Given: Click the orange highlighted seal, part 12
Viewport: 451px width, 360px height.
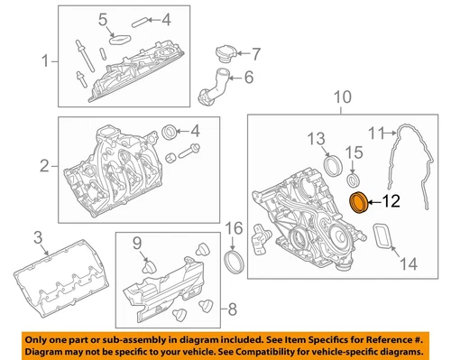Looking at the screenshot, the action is (x=358, y=203).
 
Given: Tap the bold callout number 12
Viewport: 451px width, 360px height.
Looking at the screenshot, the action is (x=391, y=201).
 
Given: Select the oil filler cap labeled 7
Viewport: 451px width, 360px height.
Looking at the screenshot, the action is (x=226, y=54).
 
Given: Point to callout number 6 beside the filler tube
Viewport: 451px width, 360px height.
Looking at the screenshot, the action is (x=249, y=78).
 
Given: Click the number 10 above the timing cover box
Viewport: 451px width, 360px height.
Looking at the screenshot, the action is (x=343, y=97).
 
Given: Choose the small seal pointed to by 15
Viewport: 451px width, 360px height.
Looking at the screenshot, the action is (x=354, y=180).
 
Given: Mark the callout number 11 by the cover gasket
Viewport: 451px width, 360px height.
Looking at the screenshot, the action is (x=376, y=133).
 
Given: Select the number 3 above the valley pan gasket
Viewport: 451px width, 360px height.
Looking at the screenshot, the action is (x=38, y=237).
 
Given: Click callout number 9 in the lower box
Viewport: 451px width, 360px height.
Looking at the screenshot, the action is (x=137, y=243).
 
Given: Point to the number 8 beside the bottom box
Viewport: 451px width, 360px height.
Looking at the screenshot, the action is (x=233, y=309).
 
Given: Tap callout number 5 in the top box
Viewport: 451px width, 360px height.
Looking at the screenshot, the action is (x=103, y=20).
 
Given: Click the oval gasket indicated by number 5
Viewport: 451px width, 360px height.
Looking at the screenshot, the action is (x=120, y=40).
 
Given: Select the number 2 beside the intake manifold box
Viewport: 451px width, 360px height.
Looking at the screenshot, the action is (x=44, y=166).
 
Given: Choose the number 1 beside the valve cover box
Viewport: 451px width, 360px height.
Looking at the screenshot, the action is (x=45, y=61).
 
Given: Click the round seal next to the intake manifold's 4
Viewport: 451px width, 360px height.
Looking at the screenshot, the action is (x=170, y=131).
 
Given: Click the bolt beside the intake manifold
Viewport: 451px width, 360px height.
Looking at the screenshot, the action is (x=189, y=152).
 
